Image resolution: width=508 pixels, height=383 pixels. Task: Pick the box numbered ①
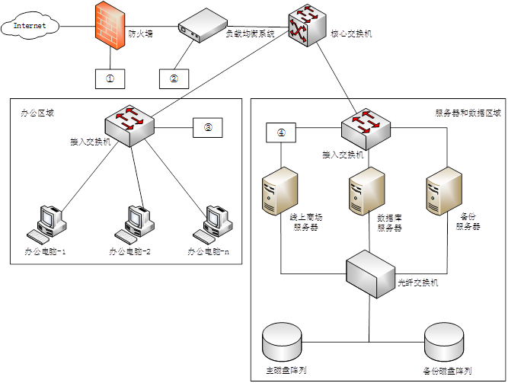110,77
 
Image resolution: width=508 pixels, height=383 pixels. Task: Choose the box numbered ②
174,77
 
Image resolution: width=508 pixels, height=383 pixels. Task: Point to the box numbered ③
208,128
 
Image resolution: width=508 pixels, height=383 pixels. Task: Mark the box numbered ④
281,132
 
